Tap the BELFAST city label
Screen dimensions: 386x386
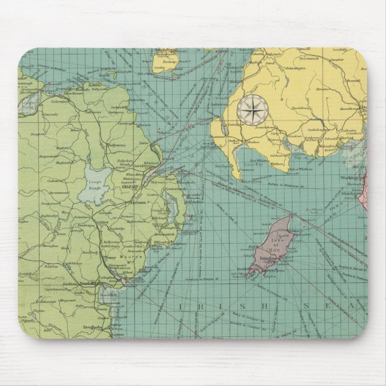tap(129, 188)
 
